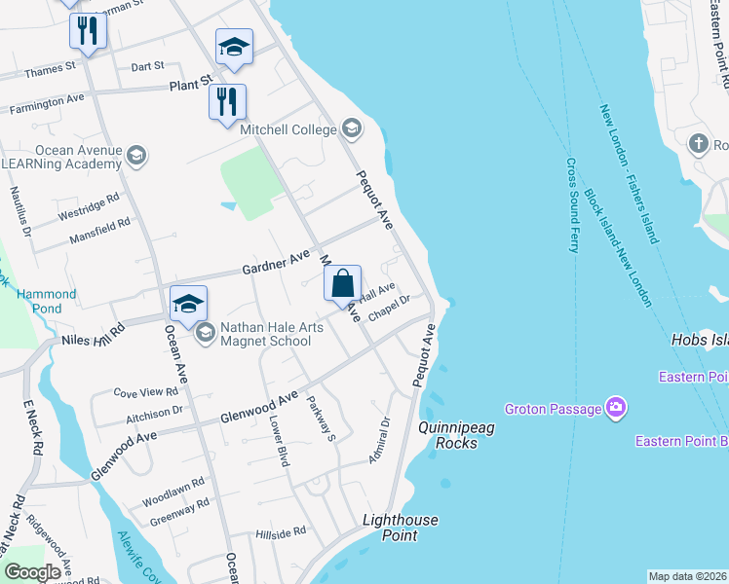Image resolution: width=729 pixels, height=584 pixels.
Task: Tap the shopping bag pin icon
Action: (x=342, y=285)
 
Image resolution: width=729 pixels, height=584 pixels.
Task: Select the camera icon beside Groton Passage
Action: (x=615, y=407)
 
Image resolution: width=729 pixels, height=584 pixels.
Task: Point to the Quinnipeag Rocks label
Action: (x=448, y=435)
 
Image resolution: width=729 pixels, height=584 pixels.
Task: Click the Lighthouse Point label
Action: (x=401, y=528)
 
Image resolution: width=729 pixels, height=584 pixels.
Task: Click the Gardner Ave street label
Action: (x=274, y=262)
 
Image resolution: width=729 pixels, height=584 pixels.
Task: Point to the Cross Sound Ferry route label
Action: (x=572, y=205)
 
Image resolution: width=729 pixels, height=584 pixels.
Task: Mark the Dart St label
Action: (x=147, y=66)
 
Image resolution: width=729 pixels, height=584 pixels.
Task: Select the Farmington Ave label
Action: (x=48, y=98)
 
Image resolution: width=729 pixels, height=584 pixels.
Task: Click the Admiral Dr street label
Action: (x=379, y=439)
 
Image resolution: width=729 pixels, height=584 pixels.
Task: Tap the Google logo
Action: (x=32, y=572)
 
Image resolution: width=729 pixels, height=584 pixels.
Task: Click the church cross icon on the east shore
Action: (x=698, y=145)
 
